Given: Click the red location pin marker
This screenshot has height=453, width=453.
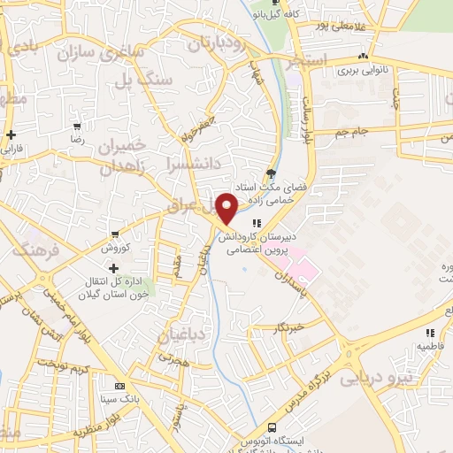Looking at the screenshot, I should click(x=226, y=208).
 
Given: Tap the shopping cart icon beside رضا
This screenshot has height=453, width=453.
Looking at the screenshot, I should click(x=78, y=127).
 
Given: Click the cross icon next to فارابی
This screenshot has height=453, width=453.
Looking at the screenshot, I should click(x=11, y=135).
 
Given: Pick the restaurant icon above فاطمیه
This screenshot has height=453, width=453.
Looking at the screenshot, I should click(x=430, y=334).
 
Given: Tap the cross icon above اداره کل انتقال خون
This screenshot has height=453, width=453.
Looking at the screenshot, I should click(x=113, y=268).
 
